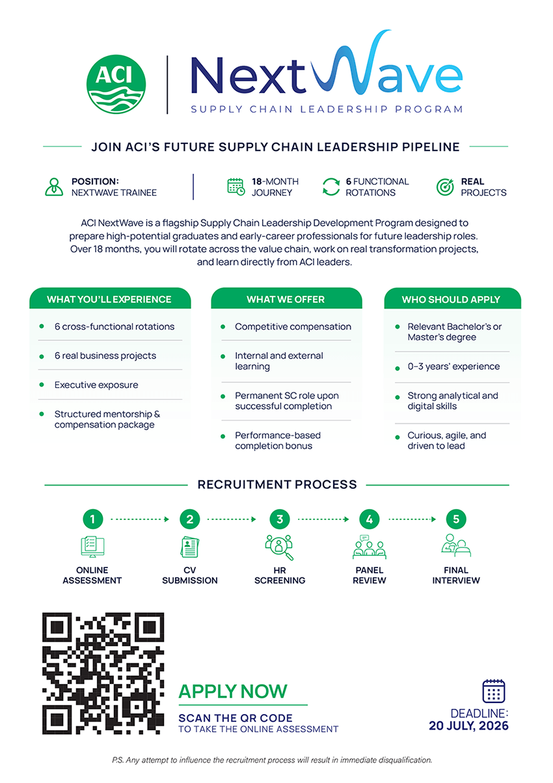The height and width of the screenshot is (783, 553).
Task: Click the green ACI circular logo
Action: (x=116, y=84)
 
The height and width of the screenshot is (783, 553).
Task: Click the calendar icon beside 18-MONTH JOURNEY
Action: (x=236, y=187)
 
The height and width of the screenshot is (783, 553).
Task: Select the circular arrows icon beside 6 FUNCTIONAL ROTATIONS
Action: (x=330, y=187)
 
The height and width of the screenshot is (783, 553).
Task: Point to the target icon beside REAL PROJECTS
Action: (x=445, y=187)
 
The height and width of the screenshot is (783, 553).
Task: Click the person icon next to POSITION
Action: (x=54, y=187)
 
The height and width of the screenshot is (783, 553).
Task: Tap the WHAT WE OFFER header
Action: (x=286, y=299)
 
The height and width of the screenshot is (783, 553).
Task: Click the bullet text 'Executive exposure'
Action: (x=96, y=385)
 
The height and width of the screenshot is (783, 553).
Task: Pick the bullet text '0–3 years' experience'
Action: (x=453, y=366)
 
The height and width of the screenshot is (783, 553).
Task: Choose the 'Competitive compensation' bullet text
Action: (x=293, y=327)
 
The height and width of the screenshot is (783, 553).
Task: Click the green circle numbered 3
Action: (x=280, y=519)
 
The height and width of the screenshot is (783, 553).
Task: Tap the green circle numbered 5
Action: (x=456, y=519)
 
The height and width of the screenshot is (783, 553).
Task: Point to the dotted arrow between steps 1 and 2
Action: (x=140, y=519)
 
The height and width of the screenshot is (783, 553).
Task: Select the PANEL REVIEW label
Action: (x=370, y=575)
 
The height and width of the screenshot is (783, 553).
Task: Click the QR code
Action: (x=103, y=673)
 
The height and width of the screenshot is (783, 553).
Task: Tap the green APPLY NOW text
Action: (x=233, y=691)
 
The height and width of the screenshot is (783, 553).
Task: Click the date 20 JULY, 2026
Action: (x=468, y=726)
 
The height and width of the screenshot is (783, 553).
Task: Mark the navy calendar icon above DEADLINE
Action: (x=494, y=691)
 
